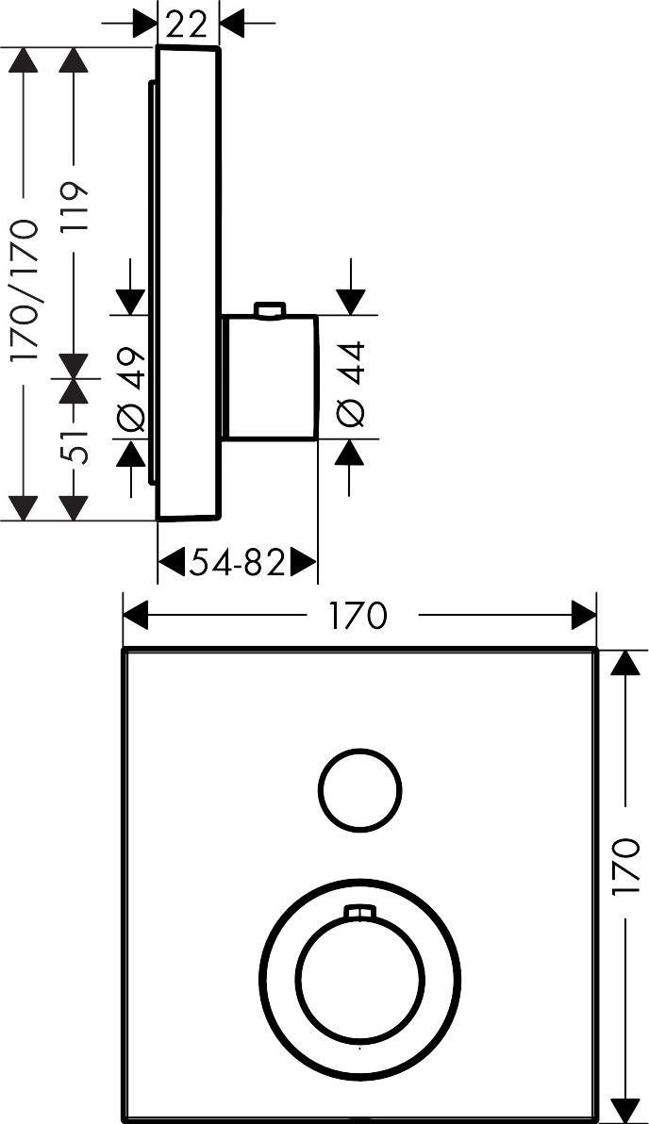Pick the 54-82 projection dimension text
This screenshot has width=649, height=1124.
pos(237,563)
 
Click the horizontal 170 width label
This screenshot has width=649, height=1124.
pos(358,617)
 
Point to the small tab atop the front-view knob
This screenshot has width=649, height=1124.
pos(359,911)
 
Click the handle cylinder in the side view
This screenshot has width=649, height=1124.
pos(270,377)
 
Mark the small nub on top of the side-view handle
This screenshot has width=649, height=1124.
pos(270,308)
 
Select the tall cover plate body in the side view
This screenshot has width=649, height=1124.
pos(189,283)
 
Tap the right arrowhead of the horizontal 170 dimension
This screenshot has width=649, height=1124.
pos(584,617)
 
